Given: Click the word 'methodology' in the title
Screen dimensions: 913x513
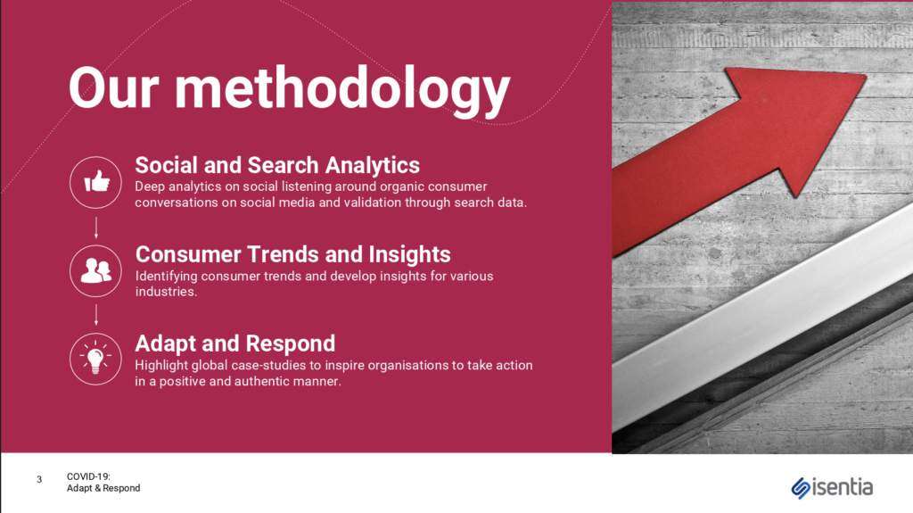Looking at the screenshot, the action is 342,90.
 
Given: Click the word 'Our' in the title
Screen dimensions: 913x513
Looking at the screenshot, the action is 114,88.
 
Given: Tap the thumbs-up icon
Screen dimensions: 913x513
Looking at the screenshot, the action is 96,182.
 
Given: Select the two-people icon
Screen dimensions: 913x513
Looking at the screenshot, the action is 96,271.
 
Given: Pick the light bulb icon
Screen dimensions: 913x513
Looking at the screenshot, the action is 96,359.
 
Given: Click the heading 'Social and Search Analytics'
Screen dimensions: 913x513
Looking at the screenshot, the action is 277,165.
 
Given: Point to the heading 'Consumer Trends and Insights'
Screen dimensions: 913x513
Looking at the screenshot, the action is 292,254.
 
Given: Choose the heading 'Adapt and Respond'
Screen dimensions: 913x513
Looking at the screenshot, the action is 235,343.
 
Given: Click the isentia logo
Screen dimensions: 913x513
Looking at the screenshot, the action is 832,487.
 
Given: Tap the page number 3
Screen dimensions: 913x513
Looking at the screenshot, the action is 39,480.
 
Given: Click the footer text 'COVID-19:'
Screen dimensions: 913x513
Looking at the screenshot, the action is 88,476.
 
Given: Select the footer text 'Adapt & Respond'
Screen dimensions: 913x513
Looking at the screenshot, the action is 103,488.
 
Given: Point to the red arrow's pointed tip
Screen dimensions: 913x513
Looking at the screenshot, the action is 866,75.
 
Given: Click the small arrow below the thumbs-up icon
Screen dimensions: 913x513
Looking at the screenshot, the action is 96,228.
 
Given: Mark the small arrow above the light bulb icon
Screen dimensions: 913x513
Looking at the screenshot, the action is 96,315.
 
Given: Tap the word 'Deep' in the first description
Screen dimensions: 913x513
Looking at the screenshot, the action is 150,187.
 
